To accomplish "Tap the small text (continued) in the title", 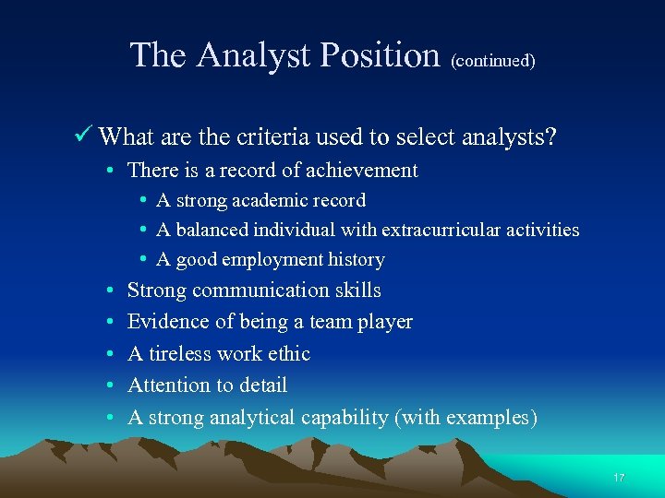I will [493, 61].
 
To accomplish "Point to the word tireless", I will [184, 353].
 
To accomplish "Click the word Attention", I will [170, 385].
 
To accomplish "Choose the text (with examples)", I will [465, 417].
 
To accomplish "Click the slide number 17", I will [619, 478].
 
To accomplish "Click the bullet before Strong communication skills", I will [109, 290].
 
